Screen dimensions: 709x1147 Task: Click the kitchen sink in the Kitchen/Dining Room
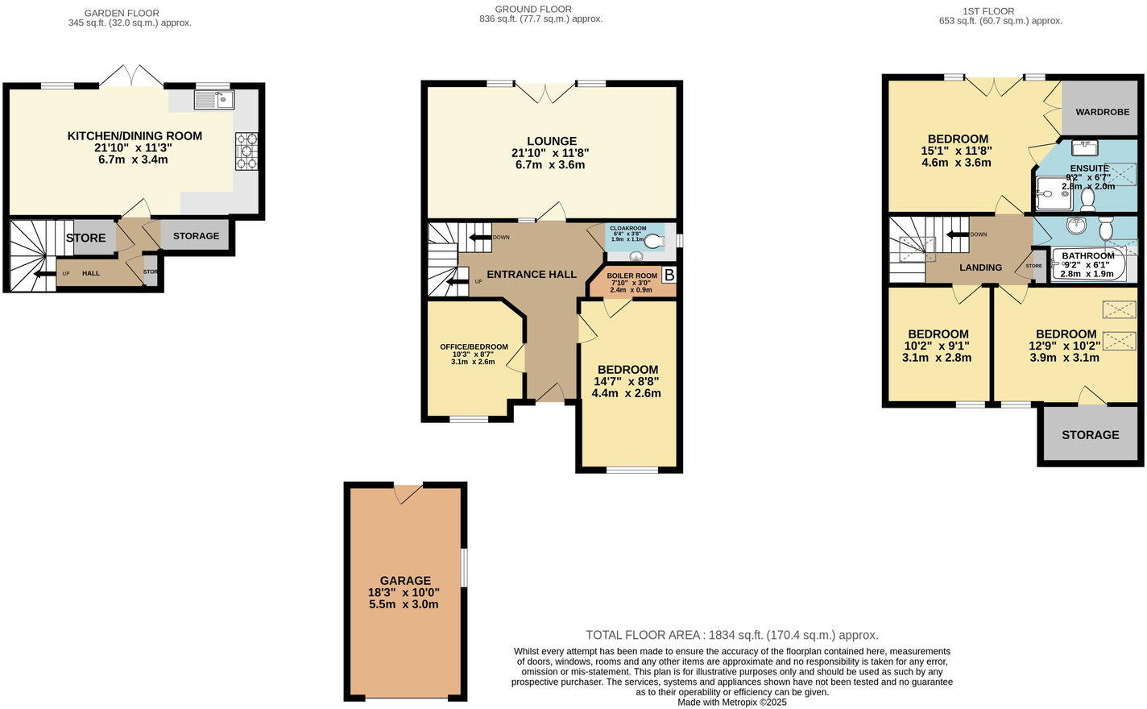[213, 100]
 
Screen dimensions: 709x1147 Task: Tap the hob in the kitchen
[246, 151]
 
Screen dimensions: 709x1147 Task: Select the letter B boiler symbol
[669, 276]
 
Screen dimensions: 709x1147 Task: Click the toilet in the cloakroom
[655, 239]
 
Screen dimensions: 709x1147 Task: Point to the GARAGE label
[405, 580]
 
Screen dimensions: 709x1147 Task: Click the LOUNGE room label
[552, 141]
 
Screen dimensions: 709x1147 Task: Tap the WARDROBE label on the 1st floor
[1102, 112]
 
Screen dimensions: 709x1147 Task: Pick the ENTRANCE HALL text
[532, 274]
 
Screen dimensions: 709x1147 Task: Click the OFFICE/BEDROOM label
[474, 346]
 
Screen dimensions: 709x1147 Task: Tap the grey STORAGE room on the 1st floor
[1090, 435]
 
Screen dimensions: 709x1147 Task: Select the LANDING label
[980, 267]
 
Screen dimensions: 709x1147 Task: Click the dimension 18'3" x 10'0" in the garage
[404, 592]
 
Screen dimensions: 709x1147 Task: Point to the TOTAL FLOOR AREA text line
[731, 635]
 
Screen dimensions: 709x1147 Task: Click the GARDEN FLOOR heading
[122, 13]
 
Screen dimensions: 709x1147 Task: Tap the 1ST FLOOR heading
[988, 11]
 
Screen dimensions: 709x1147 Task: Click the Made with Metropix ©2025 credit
[731, 702]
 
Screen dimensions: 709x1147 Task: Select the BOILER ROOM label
[631, 276]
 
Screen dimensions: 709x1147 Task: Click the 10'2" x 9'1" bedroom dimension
[938, 346]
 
